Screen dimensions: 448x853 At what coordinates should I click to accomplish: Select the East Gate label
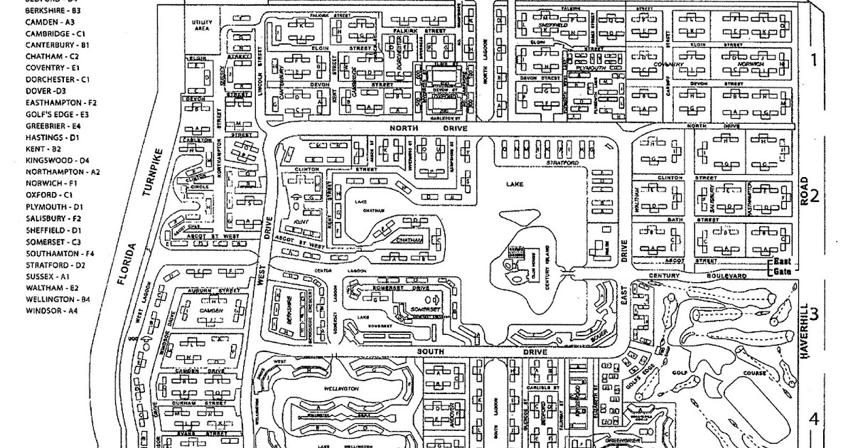tap(783, 267)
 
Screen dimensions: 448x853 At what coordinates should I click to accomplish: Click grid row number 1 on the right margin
tap(815, 60)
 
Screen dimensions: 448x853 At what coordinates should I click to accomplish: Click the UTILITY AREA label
tap(203, 26)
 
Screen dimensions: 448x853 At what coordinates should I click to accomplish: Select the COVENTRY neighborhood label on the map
tap(667, 65)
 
